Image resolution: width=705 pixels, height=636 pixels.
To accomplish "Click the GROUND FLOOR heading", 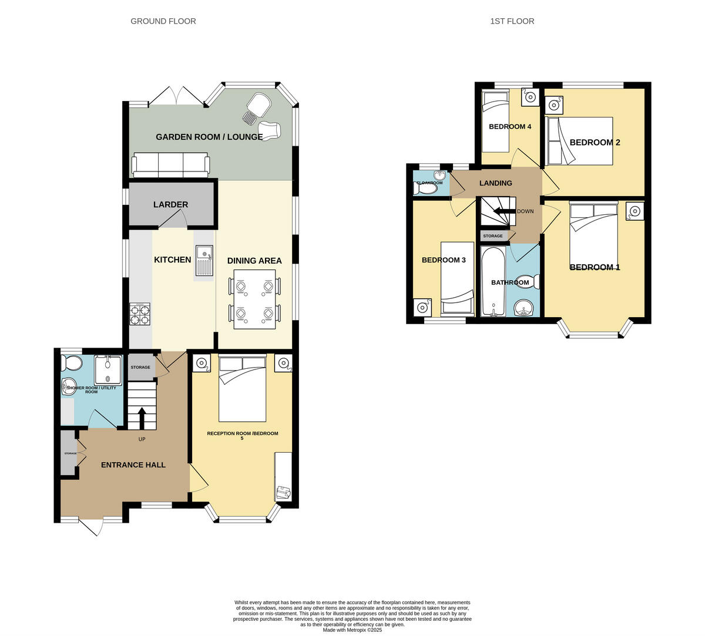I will tap(163, 21).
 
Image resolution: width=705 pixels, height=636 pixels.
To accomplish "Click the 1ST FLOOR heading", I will tap(512, 21).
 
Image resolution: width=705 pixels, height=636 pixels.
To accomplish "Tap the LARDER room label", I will tap(170, 205).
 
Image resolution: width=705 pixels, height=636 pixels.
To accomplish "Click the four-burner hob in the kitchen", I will tap(140, 314).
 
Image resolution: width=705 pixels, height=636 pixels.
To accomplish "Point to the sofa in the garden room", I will tap(170, 164).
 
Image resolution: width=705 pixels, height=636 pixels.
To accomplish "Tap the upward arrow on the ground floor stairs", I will tap(142, 418).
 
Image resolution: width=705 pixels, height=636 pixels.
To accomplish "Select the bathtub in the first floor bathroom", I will tap(492, 282).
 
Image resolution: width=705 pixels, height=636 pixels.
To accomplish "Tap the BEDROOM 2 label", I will tap(595, 143).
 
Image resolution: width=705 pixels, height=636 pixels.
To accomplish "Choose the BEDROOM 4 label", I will tap(510, 127).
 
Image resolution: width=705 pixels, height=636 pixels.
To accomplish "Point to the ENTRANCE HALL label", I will tap(133, 465).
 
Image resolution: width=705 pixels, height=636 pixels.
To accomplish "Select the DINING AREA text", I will tap(254, 261).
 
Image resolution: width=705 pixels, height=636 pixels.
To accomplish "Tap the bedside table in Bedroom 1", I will tap(634, 211).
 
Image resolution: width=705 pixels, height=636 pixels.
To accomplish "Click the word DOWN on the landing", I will tap(525, 211).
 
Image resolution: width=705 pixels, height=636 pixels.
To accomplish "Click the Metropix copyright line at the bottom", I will tap(352, 630).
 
